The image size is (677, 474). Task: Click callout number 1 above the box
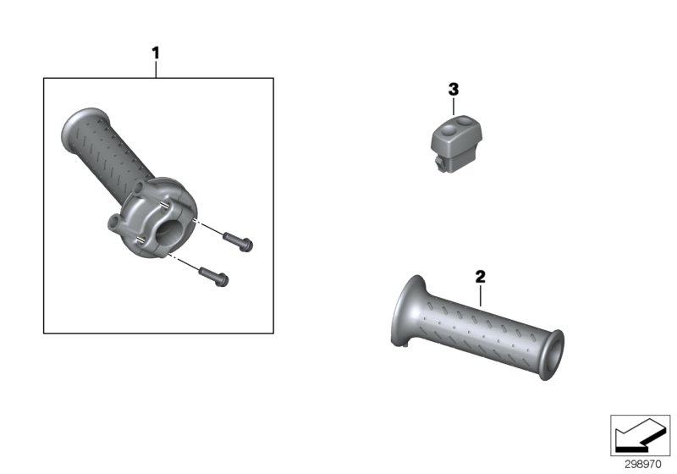pos(155,53)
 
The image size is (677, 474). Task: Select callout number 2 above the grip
pos(480,276)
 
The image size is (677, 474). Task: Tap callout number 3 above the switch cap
pos(453,89)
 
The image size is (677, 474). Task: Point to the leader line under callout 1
pos(155,69)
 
